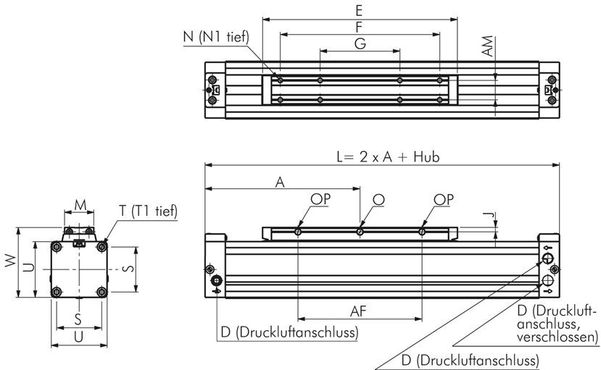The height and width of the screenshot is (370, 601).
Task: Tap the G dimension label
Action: [360, 43]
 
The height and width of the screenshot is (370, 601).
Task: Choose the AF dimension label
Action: [358, 311]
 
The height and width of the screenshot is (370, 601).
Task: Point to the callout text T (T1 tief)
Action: [148, 210]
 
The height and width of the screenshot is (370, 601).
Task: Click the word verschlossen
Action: [556, 337]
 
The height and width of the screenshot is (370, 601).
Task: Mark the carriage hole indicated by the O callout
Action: [360, 232]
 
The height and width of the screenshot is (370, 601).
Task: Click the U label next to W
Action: [28, 267]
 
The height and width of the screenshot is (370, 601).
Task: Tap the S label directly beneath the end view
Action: [78, 319]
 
